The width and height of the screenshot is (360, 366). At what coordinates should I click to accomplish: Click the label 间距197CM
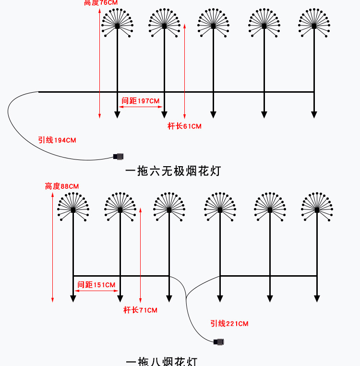pos(140,101)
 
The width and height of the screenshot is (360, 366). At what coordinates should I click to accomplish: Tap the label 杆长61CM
pos(184,126)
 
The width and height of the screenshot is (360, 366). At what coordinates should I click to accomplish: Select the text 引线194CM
pos(57,140)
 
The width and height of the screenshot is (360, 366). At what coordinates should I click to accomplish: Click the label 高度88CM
pos(62,186)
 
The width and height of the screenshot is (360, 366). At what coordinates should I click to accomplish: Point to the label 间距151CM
pos(96,285)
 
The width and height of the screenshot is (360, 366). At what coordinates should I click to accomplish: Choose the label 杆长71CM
pos(140,310)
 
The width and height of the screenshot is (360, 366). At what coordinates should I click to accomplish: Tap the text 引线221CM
pos(229,324)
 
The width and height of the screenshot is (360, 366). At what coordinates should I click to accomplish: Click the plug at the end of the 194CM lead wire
pos(119,156)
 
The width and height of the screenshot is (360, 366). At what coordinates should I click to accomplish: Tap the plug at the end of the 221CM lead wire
pos(220,342)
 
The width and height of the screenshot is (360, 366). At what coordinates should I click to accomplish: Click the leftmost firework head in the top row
pos(117,24)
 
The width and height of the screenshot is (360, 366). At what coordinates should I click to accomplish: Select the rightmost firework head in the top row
pos(314,24)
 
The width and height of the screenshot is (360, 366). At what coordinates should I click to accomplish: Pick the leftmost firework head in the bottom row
pos(73,207)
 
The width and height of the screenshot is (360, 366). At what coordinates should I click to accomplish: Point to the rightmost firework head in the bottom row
pos(317,207)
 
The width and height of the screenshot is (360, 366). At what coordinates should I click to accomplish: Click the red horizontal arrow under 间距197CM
pos(140,108)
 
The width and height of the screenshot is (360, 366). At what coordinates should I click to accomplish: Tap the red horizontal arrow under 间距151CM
pos(96,291)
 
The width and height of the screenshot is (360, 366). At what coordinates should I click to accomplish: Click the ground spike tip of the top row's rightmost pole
pos(314,115)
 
